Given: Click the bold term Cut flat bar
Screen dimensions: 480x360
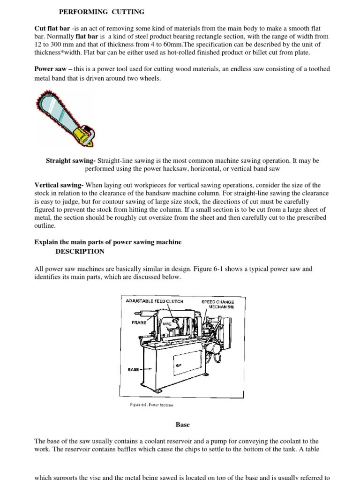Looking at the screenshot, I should (x=52, y=28).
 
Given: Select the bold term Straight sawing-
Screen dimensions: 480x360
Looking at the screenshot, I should (x=71, y=161).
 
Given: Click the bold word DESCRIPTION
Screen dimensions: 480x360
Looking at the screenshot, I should (x=80, y=251).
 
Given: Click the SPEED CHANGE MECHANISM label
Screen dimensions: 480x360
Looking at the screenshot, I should (x=217, y=305).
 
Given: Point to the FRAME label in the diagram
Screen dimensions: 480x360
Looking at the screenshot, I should (x=139, y=322).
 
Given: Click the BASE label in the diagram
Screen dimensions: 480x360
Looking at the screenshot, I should (x=133, y=369).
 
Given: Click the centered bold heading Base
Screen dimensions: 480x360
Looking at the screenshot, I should (x=182, y=425).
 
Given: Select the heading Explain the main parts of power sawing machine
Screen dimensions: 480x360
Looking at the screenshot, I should (x=108, y=242).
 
